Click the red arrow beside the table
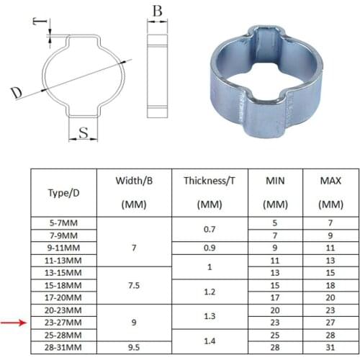12,323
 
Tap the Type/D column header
63,193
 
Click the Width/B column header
133,193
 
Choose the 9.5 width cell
133,347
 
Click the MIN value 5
274,222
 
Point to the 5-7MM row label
63,222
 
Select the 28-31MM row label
63,347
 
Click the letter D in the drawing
15,92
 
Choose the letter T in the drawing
38,22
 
